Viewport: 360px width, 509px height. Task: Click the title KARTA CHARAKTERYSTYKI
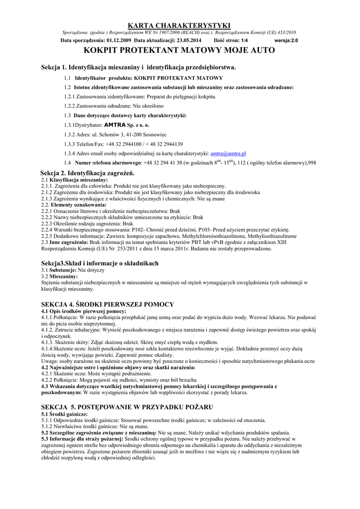coord(180,25)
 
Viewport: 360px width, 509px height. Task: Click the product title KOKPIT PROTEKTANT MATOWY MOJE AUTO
coord(180,51)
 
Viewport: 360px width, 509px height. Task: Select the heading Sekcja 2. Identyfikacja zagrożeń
coord(88,172)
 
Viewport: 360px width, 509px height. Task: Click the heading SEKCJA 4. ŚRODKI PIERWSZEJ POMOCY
coord(107,304)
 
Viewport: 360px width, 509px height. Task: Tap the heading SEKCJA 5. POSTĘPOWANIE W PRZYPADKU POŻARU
coord(127,407)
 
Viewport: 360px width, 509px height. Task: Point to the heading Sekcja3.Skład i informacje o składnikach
coord(99,263)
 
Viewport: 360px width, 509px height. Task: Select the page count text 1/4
coord(245,40)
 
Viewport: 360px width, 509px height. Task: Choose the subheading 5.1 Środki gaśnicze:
coord(64,414)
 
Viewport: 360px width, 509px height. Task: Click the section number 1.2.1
coord(69,97)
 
